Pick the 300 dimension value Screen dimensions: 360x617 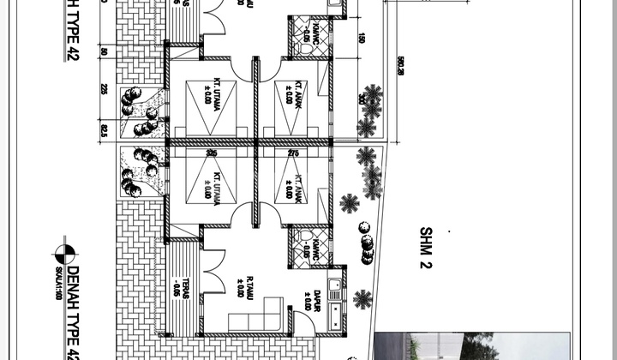coord(362,99)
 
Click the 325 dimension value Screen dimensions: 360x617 coord(213,153)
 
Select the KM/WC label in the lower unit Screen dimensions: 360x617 coord(306,243)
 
